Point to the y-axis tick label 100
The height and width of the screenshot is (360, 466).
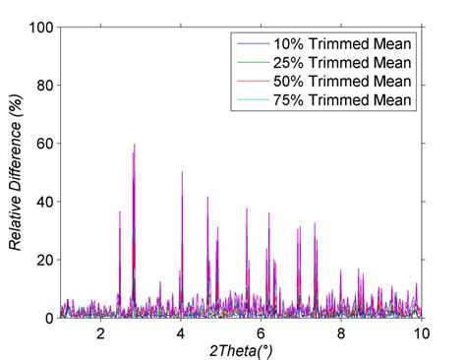coord(39,28)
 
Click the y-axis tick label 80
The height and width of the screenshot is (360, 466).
coord(43,86)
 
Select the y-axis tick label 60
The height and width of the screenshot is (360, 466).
coord(43,144)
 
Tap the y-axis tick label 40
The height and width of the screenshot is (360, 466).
coord(43,202)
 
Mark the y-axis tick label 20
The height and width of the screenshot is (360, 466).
coord(43,260)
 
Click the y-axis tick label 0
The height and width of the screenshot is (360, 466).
coord(47,318)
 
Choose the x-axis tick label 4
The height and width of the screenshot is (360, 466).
coord(180,333)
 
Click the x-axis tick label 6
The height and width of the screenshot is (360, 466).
coord(261,333)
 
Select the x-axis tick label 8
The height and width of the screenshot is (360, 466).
coord(341,333)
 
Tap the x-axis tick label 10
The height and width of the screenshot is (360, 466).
coord(420,333)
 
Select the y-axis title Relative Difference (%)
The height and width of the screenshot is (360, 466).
coord(16,172)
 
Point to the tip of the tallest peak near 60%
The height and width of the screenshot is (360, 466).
coord(134,145)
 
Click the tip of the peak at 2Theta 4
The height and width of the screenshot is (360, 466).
coord(182,173)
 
